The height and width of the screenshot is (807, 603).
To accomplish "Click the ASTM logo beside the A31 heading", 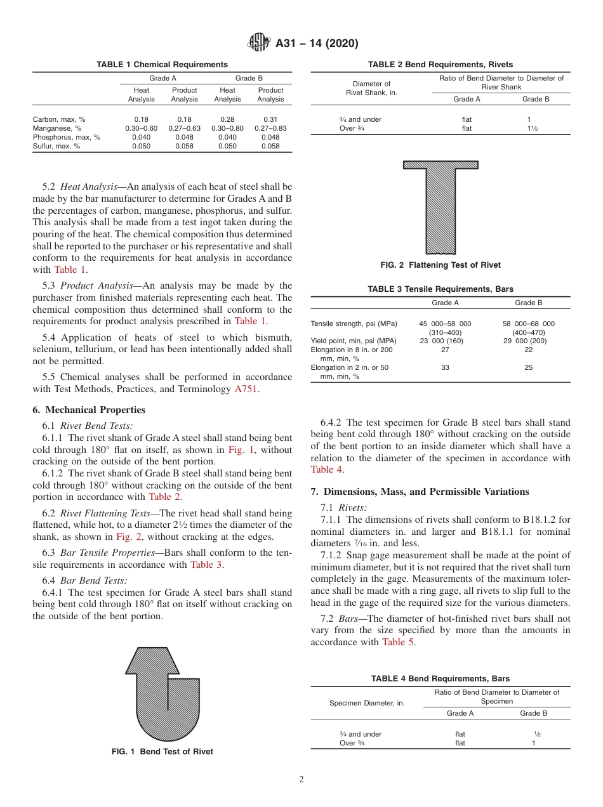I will coord(259,43).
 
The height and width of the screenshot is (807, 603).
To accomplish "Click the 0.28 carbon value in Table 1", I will coord(227,119).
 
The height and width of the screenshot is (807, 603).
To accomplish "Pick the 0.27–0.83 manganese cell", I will coord(270,128).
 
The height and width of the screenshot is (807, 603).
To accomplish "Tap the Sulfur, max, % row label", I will coord(56,146).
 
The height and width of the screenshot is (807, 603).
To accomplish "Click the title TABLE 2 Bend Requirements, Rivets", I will coord(441,65).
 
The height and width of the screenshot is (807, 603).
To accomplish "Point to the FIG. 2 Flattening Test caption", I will coord(441,265).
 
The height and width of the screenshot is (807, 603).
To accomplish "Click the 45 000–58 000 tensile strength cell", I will coord(445,324).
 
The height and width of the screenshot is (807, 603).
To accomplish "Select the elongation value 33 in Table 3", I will coord(445,367).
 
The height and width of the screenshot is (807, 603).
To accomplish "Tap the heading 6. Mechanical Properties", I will coord(89,410).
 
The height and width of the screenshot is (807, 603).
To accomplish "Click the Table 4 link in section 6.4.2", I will coord(327,469).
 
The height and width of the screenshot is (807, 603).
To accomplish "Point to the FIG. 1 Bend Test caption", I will coord(162,752).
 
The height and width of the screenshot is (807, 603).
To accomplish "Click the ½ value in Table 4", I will coord(533,734).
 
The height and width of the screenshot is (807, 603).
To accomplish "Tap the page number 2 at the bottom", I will coord(301,780).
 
